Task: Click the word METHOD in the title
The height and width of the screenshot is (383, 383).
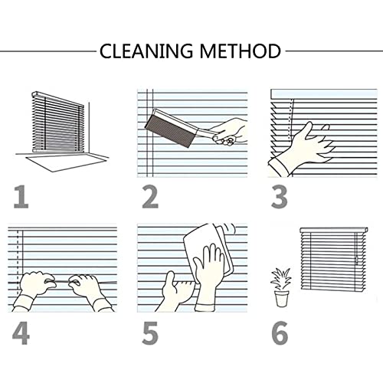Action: (x=239, y=51)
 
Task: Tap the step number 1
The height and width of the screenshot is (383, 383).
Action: (x=21, y=196)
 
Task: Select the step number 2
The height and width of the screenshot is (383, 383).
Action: (x=150, y=196)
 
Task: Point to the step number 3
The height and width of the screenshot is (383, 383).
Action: (x=280, y=196)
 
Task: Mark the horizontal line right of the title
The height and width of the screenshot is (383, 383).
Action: (x=332, y=51)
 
